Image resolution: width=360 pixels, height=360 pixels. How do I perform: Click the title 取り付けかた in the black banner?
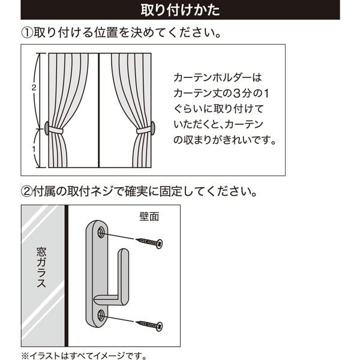(x=180, y=10)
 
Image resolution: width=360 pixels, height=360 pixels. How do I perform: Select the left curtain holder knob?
(x=46, y=127)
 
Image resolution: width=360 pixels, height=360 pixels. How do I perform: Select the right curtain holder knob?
(x=152, y=127)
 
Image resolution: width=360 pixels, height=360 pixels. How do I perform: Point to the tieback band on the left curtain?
(x=56, y=129)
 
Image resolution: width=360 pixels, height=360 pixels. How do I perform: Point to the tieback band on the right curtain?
(x=143, y=129)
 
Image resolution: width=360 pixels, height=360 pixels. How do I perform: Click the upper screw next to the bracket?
(x=149, y=242)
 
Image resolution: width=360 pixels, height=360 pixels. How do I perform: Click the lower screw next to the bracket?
(x=149, y=325)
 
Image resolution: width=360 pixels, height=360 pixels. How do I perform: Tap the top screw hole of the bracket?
(x=101, y=231)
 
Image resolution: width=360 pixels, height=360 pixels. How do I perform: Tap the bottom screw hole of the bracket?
(x=101, y=314)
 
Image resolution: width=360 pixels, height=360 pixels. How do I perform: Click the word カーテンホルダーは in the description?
(x=218, y=78)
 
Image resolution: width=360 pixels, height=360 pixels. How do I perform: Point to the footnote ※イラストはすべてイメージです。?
(x=84, y=355)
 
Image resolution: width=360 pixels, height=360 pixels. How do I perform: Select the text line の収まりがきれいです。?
(x=224, y=141)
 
